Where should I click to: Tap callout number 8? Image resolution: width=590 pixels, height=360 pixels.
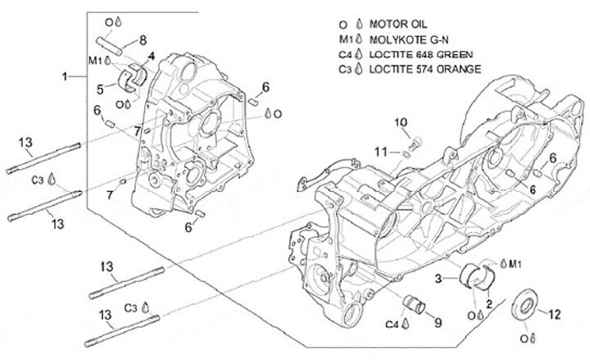click(x=142, y=39)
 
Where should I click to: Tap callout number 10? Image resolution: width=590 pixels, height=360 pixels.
click(x=401, y=123)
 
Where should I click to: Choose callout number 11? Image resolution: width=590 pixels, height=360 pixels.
click(x=380, y=151)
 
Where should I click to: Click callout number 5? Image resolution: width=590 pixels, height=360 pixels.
click(x=100, y=89)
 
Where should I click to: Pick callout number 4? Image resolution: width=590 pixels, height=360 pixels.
click(x=151, y=57)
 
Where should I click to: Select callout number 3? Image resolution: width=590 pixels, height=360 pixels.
click(x=438, y=280)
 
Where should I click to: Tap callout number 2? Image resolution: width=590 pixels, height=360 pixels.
click(x=488, y=303)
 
